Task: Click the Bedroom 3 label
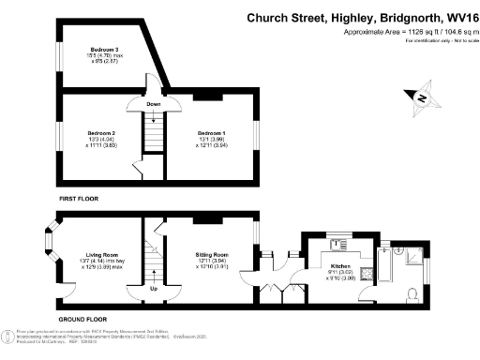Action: coord(104,48)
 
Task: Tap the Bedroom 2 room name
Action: coord(101,134)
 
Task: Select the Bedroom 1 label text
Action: coord(211,134)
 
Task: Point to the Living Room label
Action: coord(101,254)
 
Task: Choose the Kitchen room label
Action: coord(341,266)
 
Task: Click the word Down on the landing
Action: coord(154,104)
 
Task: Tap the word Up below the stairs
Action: coord(154,289)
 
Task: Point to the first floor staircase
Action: coord(154,127)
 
